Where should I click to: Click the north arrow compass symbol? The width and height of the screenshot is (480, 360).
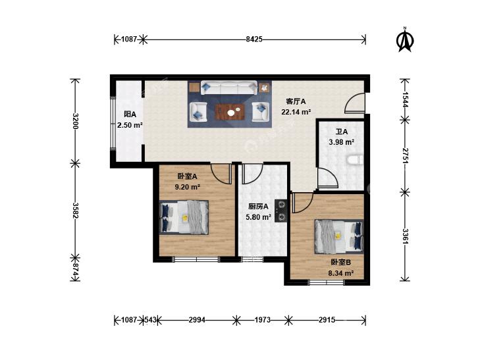(405, 39)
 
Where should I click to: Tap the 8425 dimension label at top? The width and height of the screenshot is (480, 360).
(254, 39)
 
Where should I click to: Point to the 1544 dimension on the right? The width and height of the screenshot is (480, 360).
(405, 99)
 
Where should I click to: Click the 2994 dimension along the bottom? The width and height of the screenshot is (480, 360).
(197, 320)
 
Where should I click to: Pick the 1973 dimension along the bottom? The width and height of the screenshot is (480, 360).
(262, 320)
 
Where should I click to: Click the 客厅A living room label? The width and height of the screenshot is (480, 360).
(296, 101)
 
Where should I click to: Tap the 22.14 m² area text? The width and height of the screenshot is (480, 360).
(296, 112)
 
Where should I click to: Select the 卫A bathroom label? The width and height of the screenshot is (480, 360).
(342, 132)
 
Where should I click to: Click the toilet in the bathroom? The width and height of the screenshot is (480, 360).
(356, 160)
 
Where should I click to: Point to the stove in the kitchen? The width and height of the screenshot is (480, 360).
(280, 211)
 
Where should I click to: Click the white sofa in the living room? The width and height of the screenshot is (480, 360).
(229, 88)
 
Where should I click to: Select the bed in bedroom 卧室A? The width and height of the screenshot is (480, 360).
(184, 217)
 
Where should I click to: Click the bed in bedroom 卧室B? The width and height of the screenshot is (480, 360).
(339, 236)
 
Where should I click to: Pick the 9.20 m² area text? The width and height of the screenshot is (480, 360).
(188, 187)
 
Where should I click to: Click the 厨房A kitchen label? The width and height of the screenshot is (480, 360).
(258, 207)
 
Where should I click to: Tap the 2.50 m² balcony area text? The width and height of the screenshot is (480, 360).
(130, 125)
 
